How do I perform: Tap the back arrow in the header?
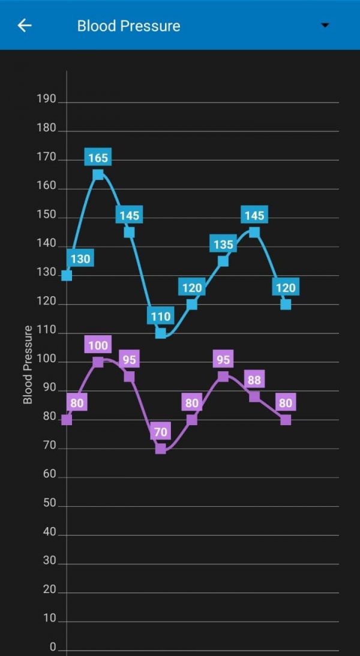[x=25, y=25]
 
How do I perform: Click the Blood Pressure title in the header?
[x=128, y=26]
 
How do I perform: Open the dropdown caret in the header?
[x=325, y=25]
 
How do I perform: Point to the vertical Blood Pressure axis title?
[x=28, y=365]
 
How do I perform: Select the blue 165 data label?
[x=98, y=158]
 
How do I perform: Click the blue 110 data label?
[x=160, y=316]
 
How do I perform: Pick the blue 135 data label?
[x=223, y=245]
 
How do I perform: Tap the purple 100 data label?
[x=98, y=345]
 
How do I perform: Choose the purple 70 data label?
[x=160, y=431]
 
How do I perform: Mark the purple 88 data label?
[x=254, y=380]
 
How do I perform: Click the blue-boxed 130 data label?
[x=80, y=259]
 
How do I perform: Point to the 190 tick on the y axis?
[x=46, y=99]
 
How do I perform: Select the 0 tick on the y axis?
[x=53, y=647]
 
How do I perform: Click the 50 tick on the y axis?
[x=49, y=503]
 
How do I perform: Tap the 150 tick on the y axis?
[x=46, y=215]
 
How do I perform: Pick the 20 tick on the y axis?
[x=49, y=589]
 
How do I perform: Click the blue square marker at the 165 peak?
[x=98, y=174]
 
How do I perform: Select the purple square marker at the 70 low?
[x=160, y=449]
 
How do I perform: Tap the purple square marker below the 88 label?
[x=254, y=396]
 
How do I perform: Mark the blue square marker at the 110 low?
[x=160, y=333]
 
